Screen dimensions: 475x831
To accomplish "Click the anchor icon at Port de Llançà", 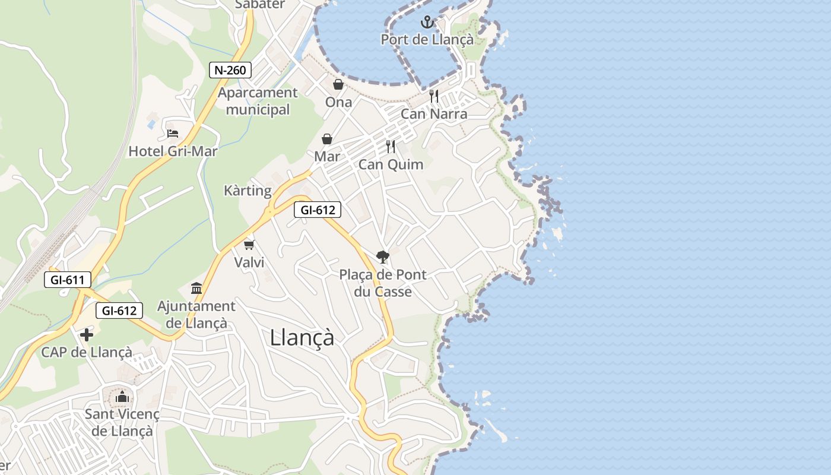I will [x=427, y=23].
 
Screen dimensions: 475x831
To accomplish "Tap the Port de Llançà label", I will [x=427, y=40].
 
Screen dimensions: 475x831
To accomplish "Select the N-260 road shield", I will [x=231, y=70].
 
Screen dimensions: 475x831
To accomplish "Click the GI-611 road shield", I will [x=67, y=280].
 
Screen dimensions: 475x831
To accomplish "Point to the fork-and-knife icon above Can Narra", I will [x=434, y=96].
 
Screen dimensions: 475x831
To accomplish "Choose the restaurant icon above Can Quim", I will [x=391, y=147].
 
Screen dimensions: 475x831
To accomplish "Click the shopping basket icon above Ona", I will [x=338, y=84].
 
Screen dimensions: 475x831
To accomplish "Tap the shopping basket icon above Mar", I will [x=327, y=139].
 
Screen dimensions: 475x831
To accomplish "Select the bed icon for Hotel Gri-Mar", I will [x=173, y=133].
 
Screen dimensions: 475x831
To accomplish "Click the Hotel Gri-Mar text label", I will [x=173, y=151].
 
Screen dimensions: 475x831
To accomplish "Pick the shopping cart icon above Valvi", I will [x=249, y=245].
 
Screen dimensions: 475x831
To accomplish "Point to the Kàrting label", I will [x=248, y=191].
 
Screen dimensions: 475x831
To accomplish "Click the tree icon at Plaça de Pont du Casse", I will [x=383, y=257].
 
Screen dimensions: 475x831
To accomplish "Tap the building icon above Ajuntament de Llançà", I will [x=196, y=289].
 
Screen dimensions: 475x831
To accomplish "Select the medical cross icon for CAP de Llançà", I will [x=87, y=335].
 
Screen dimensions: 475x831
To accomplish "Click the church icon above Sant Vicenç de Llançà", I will [x=122, y=396].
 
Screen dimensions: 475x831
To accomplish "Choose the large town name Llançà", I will [x=302, y=338].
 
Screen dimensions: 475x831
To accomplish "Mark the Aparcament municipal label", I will [x=258, y=101].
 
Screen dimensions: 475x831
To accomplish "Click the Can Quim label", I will [x=391, y=164].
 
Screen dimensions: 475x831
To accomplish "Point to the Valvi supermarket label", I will [x=249, y=262].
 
